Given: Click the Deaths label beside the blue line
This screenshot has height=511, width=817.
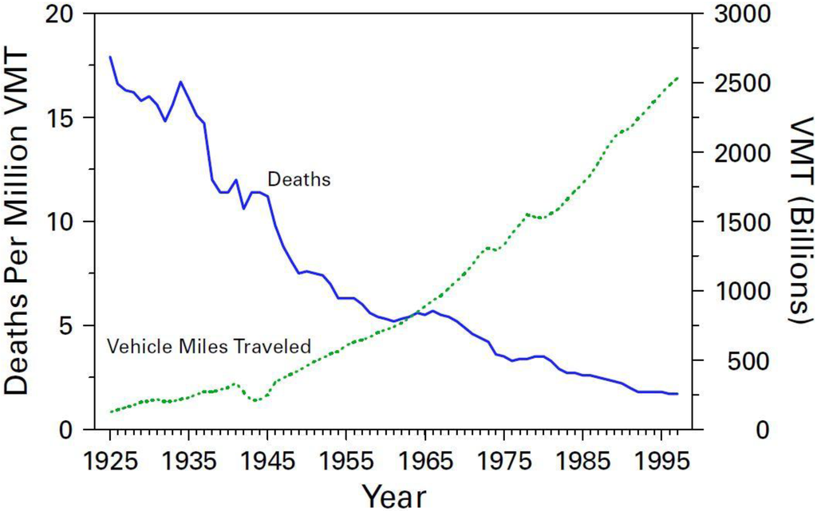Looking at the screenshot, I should coord(299,179).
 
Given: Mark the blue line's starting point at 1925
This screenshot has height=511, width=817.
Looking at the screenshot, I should coord(110,57).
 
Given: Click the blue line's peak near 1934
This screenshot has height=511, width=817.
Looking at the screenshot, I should coord(181,81).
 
